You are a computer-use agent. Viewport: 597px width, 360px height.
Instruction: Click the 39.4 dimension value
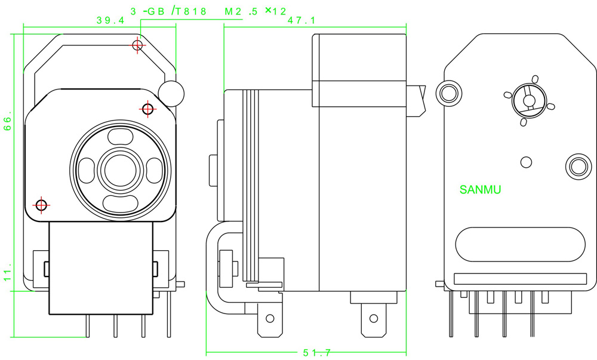click(110, 20)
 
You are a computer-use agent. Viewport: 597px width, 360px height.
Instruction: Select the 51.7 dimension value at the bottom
click(316, 353)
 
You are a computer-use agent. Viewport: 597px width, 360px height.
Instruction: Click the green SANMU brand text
click(481, 190)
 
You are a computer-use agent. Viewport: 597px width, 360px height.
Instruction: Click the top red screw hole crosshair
click(138, 45)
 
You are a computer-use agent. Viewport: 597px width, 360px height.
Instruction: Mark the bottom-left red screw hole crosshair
click(41, 205)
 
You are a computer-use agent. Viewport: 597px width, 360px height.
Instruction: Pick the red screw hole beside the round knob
click(148, 109)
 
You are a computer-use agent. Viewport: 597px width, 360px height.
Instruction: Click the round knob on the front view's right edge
click(171, 92)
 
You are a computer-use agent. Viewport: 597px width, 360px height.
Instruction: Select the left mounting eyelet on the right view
click(449, 91)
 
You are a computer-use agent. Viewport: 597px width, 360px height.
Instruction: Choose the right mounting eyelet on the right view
click(577, 165)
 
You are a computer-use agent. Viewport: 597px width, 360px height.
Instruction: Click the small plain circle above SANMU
click(526, 162)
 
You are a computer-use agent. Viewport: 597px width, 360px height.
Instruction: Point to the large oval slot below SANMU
click(521, 245)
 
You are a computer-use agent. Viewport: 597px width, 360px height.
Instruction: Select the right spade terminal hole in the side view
click(374, 318)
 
